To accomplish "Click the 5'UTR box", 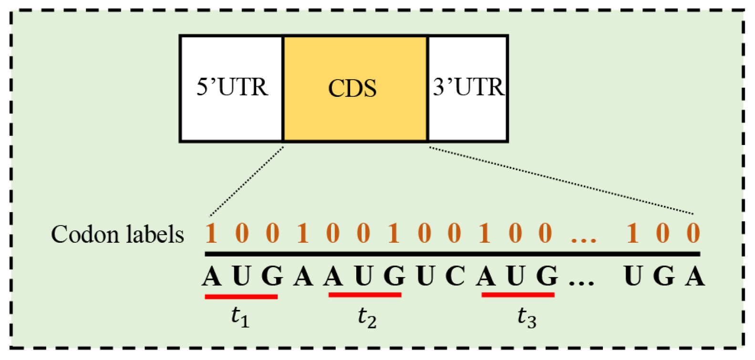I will [232, 88].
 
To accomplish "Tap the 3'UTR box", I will [468, 88].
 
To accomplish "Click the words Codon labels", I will [117, 235].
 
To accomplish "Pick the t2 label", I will [367, 317].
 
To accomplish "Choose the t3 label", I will [527, 317].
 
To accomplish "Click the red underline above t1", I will [241, 297].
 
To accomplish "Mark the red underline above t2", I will [365, 295].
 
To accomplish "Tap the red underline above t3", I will [518, 295].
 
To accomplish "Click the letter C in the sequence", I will [455, 276].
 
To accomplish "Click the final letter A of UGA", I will [694, 276].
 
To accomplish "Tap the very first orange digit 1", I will [211, 233].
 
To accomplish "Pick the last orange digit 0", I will [693, 233].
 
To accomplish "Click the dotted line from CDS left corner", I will [247, 181].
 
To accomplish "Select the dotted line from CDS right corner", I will [560, 181].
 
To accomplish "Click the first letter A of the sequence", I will [211, 276].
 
